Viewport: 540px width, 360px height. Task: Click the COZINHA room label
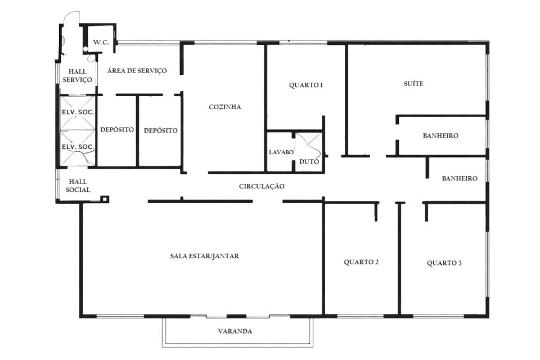point(224,107)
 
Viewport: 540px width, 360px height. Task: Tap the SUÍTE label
point(413,83)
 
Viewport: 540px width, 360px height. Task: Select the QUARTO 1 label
point(306,85)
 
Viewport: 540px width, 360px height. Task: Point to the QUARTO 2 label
point(361,262)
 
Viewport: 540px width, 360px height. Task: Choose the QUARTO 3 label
point(444,263)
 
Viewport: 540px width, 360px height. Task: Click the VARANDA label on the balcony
point(235,331)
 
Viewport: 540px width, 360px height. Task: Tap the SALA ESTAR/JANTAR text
point(205,256)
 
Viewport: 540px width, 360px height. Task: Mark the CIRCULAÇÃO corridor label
point(262,186)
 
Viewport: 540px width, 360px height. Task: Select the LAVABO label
point(281,152)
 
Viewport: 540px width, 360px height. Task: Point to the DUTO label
point(309,161)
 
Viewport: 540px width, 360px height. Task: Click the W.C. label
point(101,42)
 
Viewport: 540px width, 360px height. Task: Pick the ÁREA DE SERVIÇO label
point(137,71)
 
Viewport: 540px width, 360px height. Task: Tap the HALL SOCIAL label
point(78,186)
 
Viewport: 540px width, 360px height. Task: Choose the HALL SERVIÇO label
point(77,76)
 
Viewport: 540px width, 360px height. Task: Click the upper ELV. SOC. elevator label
point(78,112)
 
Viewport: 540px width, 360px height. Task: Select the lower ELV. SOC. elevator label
point(78,147)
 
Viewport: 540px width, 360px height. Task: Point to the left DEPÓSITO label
point(117,129)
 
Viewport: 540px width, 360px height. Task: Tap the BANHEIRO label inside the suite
point(440,136)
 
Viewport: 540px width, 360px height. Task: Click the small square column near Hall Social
point(105,199)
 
